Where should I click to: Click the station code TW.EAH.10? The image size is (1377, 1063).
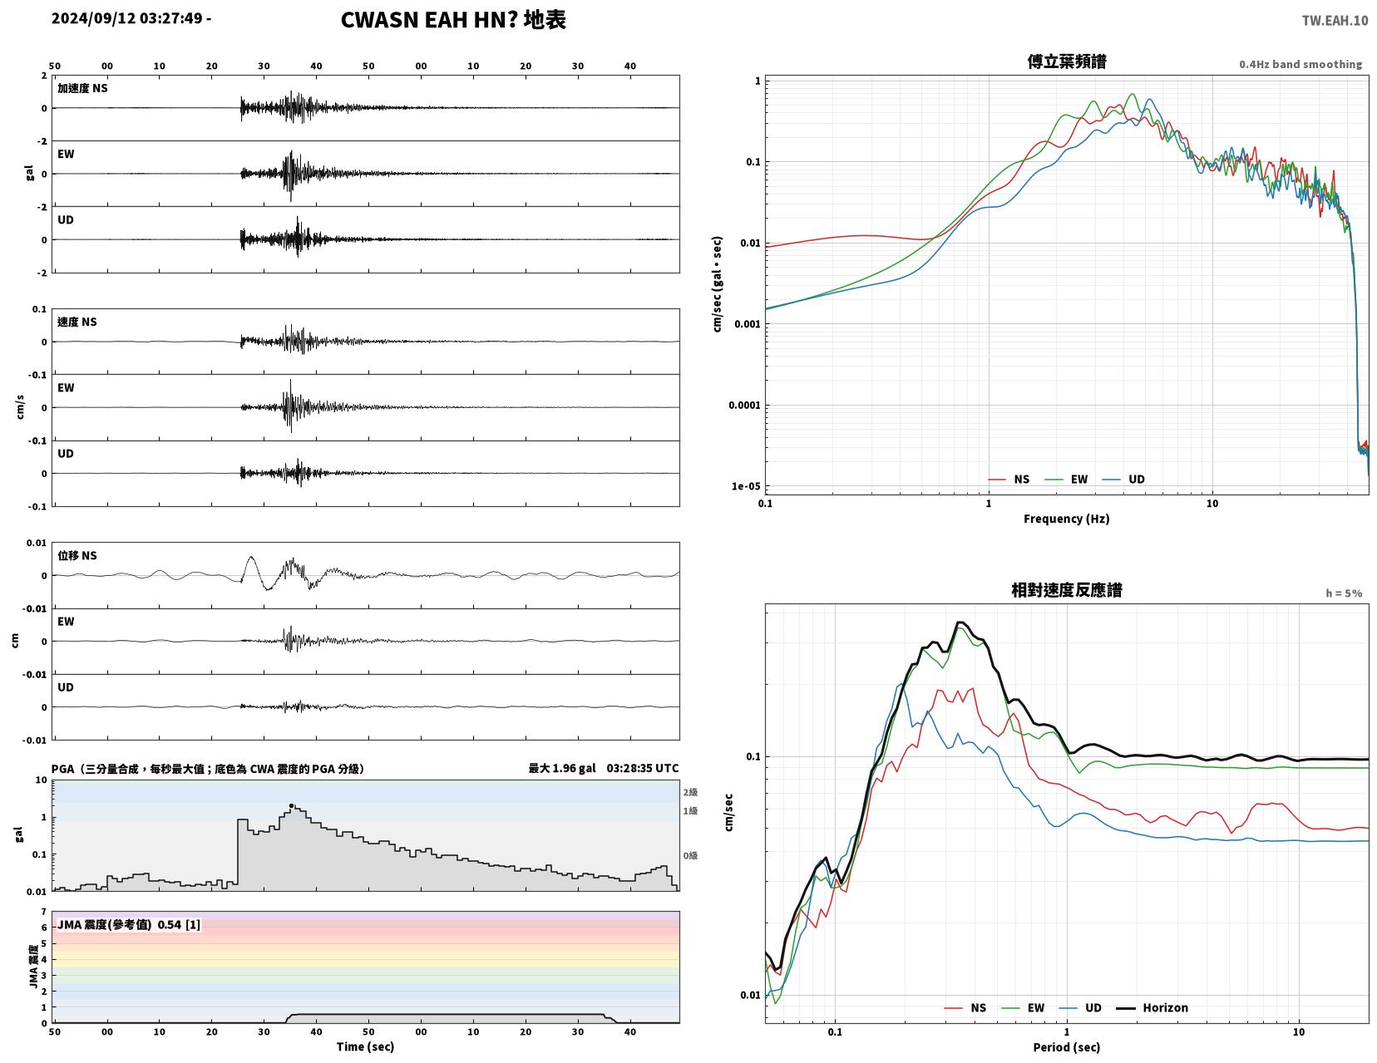[x=1335, y=20]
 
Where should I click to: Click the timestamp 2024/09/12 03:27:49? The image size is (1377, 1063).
[x=126, y=17]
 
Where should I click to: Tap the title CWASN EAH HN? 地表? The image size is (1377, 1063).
[x=453, y=20]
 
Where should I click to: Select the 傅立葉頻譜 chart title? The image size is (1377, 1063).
[x=1067, y=62]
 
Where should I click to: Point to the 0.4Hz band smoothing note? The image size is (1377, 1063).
[x=1300, y=64]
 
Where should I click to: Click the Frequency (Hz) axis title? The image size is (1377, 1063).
[x=1067, y=519]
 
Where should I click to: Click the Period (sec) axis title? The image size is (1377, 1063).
[x=1067, y=1047]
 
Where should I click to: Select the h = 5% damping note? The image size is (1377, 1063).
[x=1344, y=593]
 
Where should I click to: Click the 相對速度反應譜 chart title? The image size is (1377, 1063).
[x=1067, y=590]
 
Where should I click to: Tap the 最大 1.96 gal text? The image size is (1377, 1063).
[x=562, y=768]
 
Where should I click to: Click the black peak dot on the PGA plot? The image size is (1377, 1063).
[x=292, y=806]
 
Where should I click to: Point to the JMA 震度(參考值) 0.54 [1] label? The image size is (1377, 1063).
[x=129, y=924]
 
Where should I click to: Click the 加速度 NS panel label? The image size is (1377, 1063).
[x=82, y=88]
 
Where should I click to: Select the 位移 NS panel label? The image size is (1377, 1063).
[x=77, y=555]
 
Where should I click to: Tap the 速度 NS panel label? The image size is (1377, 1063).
[x=77, y=322]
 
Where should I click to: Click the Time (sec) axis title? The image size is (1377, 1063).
[x=365, y=1046]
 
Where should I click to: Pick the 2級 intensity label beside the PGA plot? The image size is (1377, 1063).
[x=690, y=792]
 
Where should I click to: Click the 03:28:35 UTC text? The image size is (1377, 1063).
[x=643, y=768]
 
